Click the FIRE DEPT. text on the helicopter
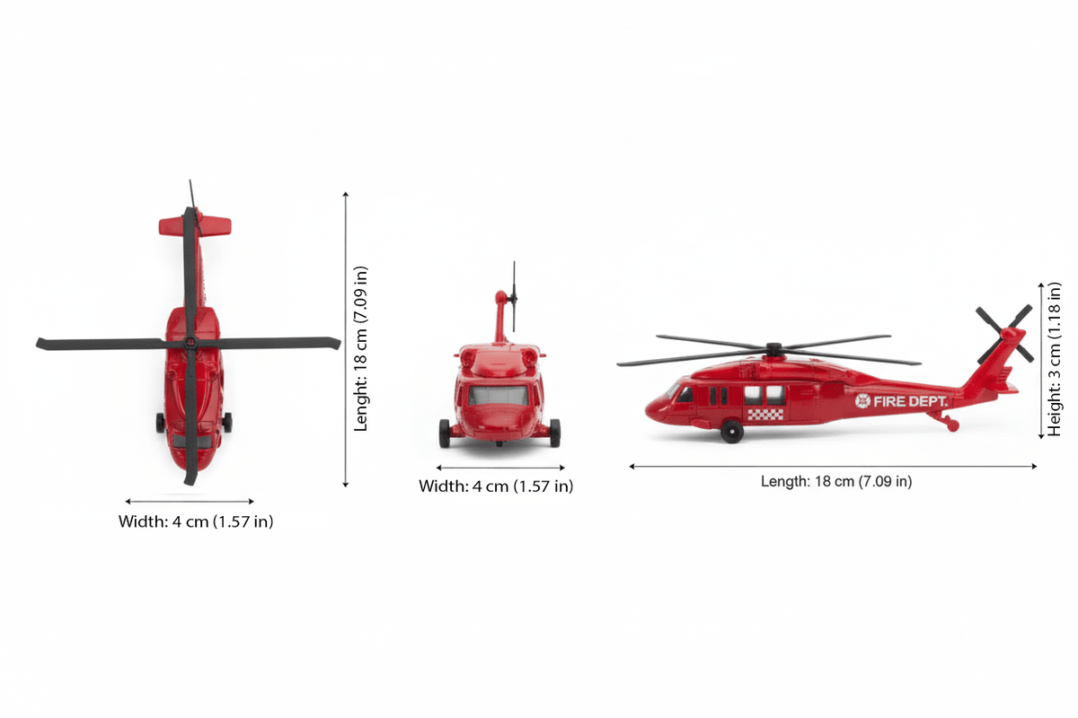[909, 401]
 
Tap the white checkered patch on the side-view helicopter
[764, 415]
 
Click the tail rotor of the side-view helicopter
[1004, 334]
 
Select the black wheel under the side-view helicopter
[732, 433]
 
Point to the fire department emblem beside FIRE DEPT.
[862, 401]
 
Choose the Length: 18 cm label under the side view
[835, 482]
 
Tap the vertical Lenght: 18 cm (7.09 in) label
[360, 347]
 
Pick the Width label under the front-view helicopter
[496, 486]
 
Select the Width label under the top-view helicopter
[196, 521]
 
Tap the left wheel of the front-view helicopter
[445, 433]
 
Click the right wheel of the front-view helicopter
[554, 433]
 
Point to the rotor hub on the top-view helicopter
[190, 343]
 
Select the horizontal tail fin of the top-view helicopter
[196, 225]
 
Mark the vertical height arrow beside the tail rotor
[1041, 359]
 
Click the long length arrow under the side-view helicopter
[833, 467]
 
